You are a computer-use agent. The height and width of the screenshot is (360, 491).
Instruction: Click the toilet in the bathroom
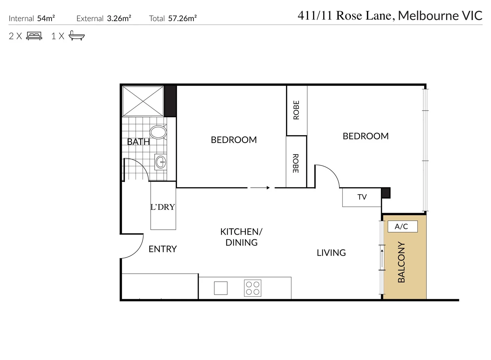pos(158,132)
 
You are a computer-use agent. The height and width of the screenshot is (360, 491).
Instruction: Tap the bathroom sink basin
pos(161,163)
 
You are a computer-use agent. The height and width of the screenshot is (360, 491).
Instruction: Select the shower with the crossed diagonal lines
pos(143,101)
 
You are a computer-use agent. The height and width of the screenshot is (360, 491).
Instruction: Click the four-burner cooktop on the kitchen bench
pos(253,288)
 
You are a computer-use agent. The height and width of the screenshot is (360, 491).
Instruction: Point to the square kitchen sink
pos(221,288)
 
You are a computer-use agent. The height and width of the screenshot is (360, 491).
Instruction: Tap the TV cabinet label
pos(362,197)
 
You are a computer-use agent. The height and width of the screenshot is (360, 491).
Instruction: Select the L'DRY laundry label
pos(163,207)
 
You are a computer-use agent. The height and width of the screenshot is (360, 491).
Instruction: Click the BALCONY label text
pos(402,262)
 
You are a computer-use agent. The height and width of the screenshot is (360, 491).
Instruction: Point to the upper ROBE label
pos(296,110)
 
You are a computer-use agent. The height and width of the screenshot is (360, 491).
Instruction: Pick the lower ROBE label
pos(296,163)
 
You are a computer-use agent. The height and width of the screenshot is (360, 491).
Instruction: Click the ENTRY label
pos(163,249)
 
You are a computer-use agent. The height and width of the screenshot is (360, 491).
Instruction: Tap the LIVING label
pos(331,253)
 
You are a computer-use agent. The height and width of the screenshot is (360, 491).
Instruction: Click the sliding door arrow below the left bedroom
pos(260,188)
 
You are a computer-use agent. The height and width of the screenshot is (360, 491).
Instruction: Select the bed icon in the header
pos(34,36)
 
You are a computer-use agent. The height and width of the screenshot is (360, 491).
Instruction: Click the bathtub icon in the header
pos(77,36)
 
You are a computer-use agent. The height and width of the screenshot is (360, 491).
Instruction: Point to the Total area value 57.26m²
pos(182,18)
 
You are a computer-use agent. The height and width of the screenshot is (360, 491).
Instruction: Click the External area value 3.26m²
pos(119,18)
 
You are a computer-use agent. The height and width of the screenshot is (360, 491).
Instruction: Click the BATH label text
pos(138,142)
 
